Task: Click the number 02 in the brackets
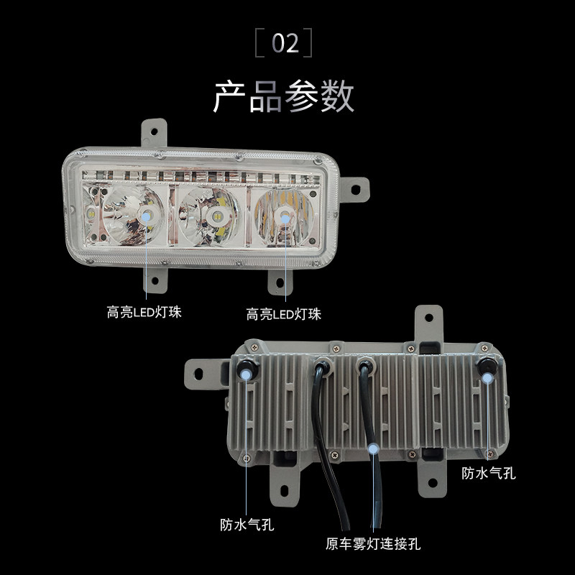(x=285, y=44)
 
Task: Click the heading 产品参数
(x=284, y=96)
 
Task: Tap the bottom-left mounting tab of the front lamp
(x=155, y=277)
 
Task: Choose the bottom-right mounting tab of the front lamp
(x=282, y=281)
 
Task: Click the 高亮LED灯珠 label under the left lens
(x=143, y=313)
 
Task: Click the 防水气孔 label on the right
(x=489, y=472)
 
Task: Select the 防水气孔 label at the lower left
(x=247, y=524)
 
